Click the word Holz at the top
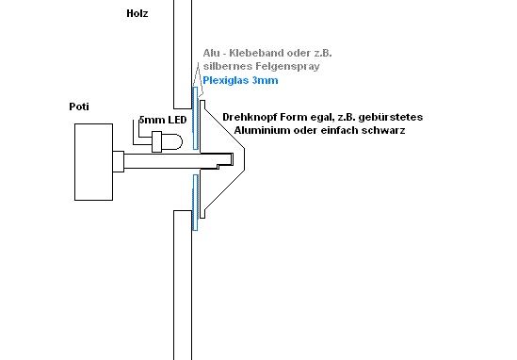coord(136,15)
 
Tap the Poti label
coord(80,106)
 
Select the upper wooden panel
coord(182,52)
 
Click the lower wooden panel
coord(182,283)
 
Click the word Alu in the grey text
coord(211,53)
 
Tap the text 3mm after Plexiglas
coord(268,82)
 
